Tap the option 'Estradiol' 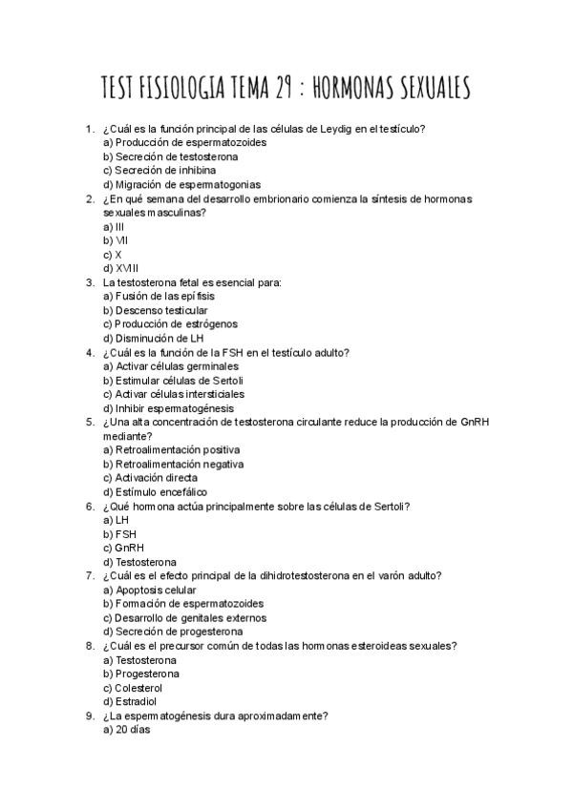coord(129,701)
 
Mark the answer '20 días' coord(125,729)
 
